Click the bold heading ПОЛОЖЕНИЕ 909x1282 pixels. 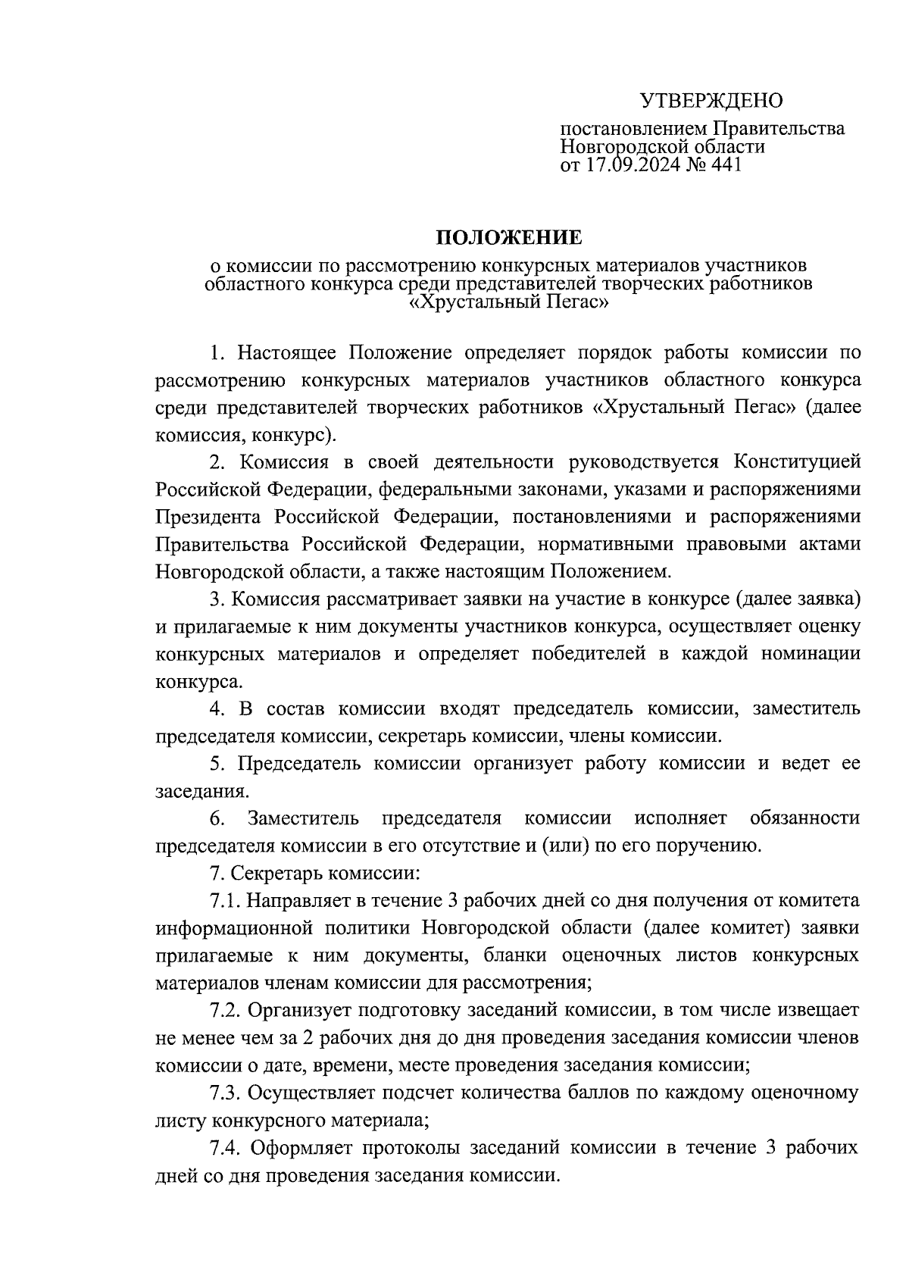tap(508, 238)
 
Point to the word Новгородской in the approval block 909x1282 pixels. tap(621, 146)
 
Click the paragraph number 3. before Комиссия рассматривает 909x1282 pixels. tap(218, 599)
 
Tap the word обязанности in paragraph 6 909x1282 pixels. tap(804, 818)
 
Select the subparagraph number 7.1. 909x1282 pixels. tap(225, 901)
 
